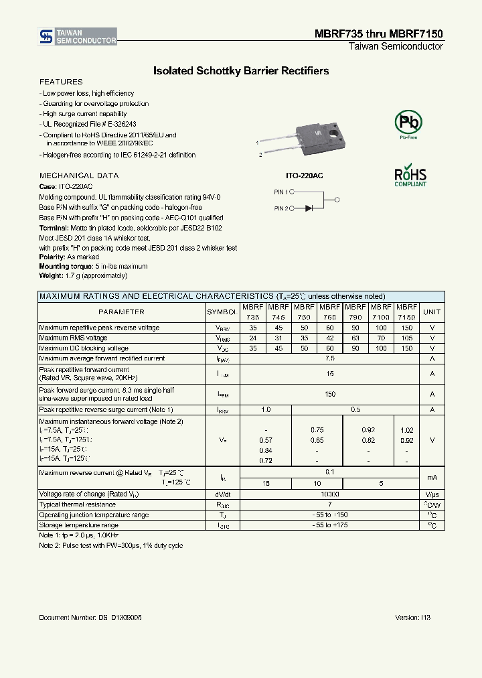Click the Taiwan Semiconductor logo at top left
(x=78, y=37)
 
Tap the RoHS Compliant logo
(x=410, y=176)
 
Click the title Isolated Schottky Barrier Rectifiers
(x=241, y=70)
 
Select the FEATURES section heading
(x=61, y=82)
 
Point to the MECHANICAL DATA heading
(x=79, y=176)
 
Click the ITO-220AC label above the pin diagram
(x=305, y=175)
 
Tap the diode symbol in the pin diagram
(x=309, y=208)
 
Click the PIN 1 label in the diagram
(x=281, y=192)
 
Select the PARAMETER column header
(x=121, y=312)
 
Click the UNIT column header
(x=432, y=312)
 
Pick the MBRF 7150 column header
(x=406, y=312)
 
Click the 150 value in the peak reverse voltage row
(x=406, y=328)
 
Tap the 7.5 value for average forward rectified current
(x=330, y=358)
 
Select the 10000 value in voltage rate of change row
(x=330, y=494)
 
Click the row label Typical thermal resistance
(x=78, y=504)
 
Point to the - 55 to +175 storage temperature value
(x=330, y=525)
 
